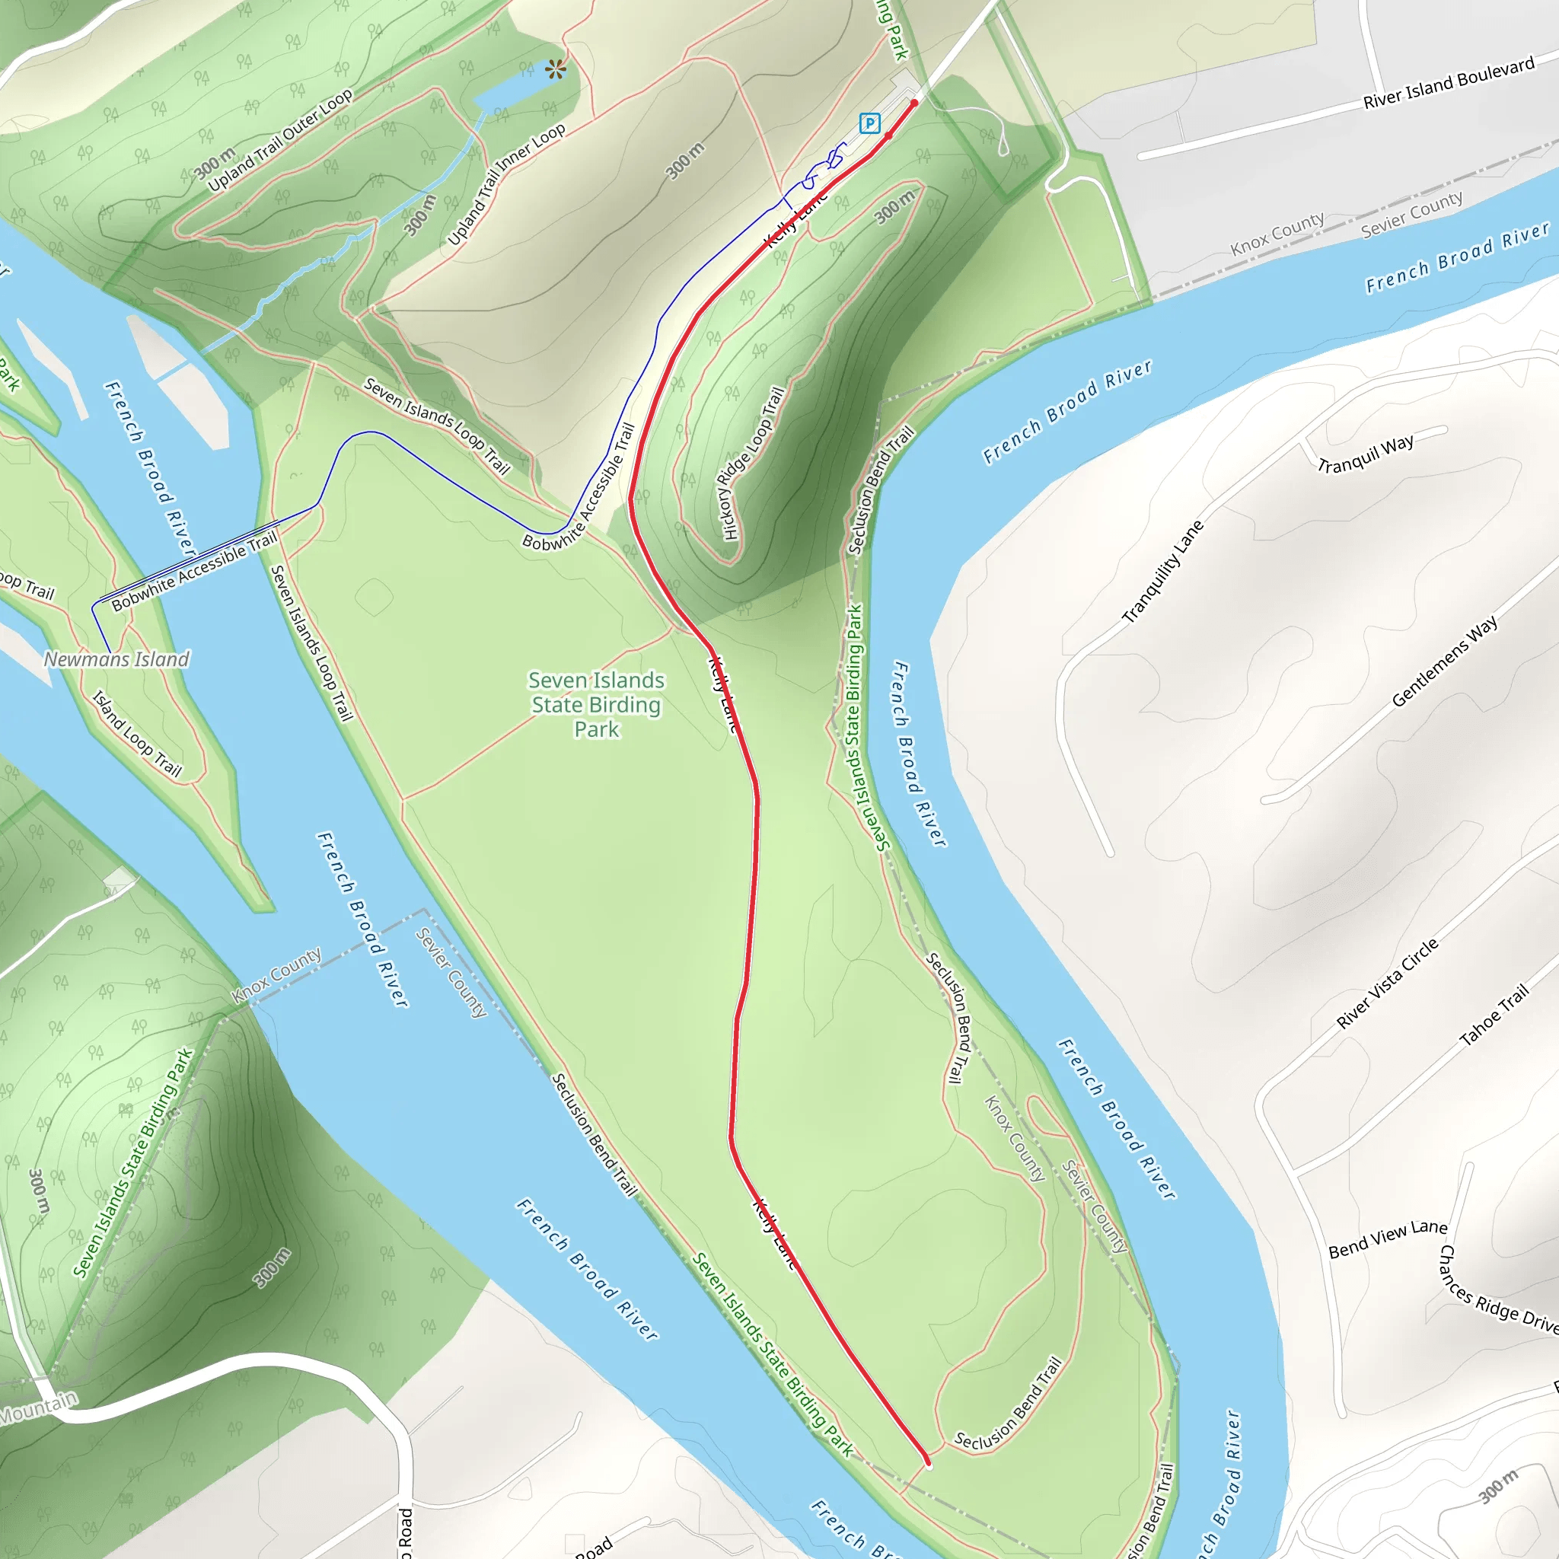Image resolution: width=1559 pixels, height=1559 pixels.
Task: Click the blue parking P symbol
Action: [x=869, y=123]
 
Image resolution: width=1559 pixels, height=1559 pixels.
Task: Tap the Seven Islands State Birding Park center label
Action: [x=596, y=704]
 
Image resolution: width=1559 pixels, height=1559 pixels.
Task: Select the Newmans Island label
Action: [x=116, y=659]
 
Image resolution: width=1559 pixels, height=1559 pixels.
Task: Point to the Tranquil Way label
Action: [x=1366, y=454]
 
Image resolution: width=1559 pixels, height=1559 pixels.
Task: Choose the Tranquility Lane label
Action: [x=1163, y=572]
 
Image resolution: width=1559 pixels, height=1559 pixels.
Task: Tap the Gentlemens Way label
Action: [x=1444, y=662]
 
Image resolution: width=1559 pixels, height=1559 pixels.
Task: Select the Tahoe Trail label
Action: [x=1494, y=1015]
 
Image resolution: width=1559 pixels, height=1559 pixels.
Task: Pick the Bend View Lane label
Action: [x=1388, y=1239]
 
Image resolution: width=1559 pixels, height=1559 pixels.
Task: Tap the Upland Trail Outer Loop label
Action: [x=280, y=140]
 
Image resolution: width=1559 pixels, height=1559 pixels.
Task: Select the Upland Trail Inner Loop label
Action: [x=506, y=184]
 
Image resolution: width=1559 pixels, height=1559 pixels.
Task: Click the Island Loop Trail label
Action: [x=136, y=734]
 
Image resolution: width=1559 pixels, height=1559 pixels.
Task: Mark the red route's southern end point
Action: [x=928, y=1462]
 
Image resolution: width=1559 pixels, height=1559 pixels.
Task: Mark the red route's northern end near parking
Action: [x=914, y=104]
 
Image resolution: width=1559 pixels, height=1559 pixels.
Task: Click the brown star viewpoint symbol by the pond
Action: [x=555, y=70]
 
